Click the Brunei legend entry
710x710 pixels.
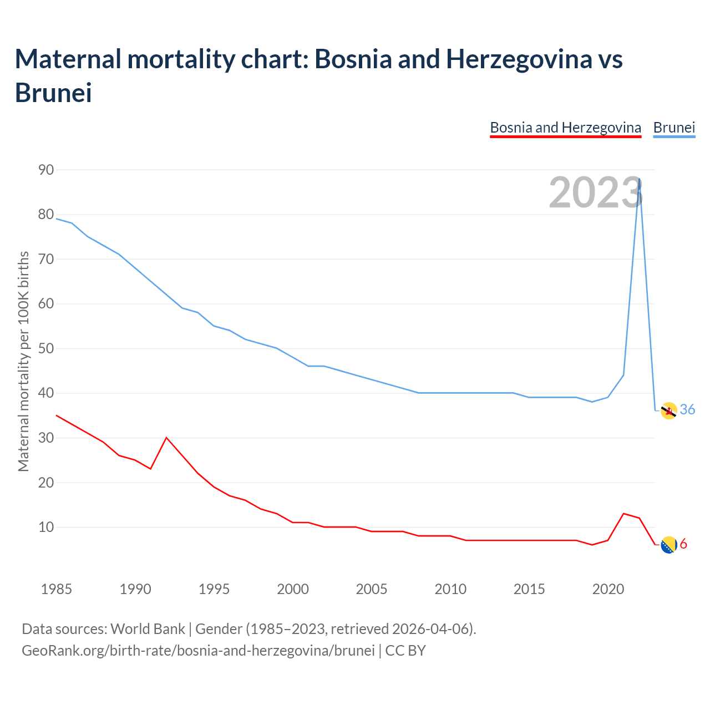pos(674,128)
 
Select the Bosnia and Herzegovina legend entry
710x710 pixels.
pos(565,128)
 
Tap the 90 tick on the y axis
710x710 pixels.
pos(46,170)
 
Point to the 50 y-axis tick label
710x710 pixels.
pos(46,349)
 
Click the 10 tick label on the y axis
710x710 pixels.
pos(46,528)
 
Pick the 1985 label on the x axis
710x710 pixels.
pos(57,589)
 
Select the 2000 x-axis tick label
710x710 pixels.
pos(293,589)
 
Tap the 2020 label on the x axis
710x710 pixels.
pos(608,589)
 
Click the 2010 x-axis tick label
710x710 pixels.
pos(450,589)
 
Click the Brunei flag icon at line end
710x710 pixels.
pos(669,410)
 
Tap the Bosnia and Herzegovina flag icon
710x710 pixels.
pos(669,545)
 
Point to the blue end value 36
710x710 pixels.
pos(687,409)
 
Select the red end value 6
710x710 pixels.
pos(683,544)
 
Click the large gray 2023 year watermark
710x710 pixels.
pos(595,192)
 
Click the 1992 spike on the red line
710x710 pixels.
pos(166,438)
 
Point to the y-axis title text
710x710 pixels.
pos(23,362)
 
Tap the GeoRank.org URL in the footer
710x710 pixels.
pos(198,650)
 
